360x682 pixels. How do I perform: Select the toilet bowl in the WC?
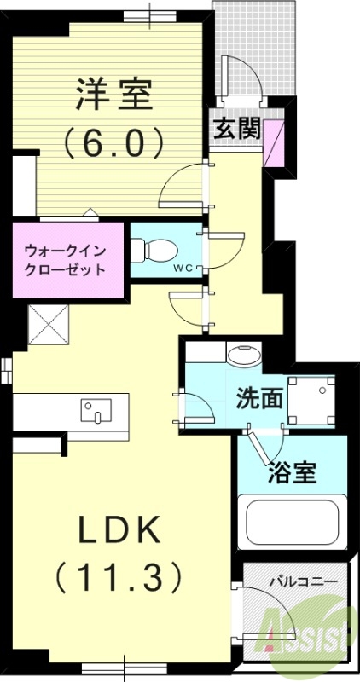point(157,250)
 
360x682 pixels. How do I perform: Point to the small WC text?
point(183,268)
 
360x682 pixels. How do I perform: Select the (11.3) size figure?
point(119,578)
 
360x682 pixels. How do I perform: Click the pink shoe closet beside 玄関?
point(275,143)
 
